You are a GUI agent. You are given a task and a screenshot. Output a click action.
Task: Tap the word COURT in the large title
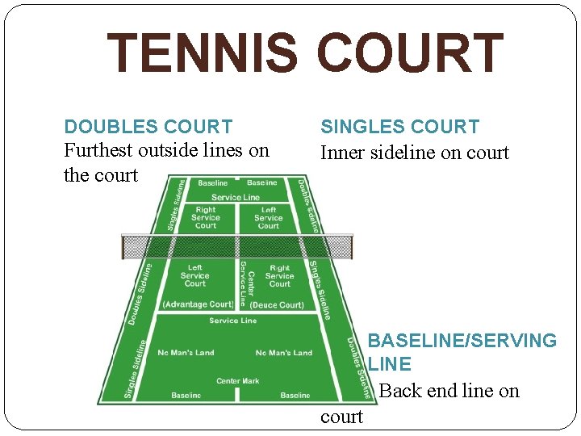pyautogui.click(x=410, y=52)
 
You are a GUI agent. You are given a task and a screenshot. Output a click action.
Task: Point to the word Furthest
pyautogui.click(x=99, y=151)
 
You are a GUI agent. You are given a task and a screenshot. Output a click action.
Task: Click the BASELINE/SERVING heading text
pyautogui.click(x=462, y=341)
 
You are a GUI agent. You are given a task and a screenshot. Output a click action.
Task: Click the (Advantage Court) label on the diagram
pyautogui.click(x=198, y=304)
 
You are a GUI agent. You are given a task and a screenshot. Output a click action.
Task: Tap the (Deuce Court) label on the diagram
pyautogui.click(x=277, y=305)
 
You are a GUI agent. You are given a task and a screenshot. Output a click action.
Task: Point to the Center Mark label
pyautogui.click(x=238, y=380)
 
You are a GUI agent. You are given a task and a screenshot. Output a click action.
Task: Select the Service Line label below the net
pyautogui.click(x=232, y=321)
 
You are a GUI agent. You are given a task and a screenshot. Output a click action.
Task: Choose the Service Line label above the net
pyautogui.click(x=236, y=197)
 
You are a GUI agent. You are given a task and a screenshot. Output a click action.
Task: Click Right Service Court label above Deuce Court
pyautogui.click(x=279, y=275)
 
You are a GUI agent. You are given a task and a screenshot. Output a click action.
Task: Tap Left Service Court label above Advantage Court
pyautogui.click(x=195, y=275)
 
